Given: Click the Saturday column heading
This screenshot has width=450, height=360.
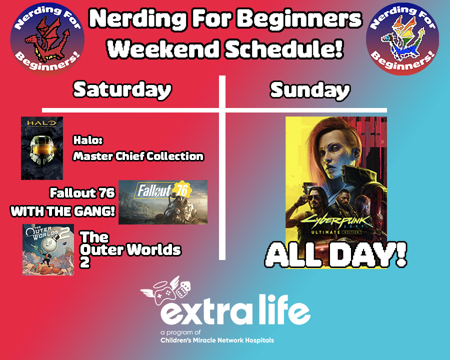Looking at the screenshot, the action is pyautogui.click(x=122, y=90).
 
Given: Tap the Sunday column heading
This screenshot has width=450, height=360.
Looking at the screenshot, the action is pyautogui.click(x=310, y=90).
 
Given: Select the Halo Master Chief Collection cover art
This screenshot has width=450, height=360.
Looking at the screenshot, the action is pyautogui.click(x=42, y=148).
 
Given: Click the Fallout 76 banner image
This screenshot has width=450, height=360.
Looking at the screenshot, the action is pyautogui.click(x=162, y=202).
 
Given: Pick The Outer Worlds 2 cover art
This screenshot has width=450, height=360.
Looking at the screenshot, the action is pyautogui.click(x=48, y=250).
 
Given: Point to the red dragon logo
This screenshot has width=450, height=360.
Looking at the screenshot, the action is pyautogui.click(x=47, y=39).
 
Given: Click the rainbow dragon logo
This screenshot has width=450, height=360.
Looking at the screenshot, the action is pyautogui.click(x=402, y=39).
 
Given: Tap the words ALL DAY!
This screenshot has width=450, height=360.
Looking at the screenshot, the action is pyautogui.click(x=336, y=254).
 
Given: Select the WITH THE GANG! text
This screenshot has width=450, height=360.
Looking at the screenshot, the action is pyautogui.click(x=63, y=211).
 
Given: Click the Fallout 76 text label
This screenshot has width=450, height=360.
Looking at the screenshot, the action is pyautogui.click(x=82, y=193).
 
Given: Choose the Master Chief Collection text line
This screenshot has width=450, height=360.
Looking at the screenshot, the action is pyautogui.click(x=138, y=156).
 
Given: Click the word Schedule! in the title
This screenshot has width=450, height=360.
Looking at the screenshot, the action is pyautogui.click(x=284, y=49).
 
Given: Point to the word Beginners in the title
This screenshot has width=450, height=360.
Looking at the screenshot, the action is pyautogui.click(x=299, y=19).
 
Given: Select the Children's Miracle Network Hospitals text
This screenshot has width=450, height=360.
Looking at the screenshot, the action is pyautogui.click(x=217, y=340).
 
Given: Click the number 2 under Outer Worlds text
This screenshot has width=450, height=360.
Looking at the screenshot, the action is pyautogui.click(x=84, y=262).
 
